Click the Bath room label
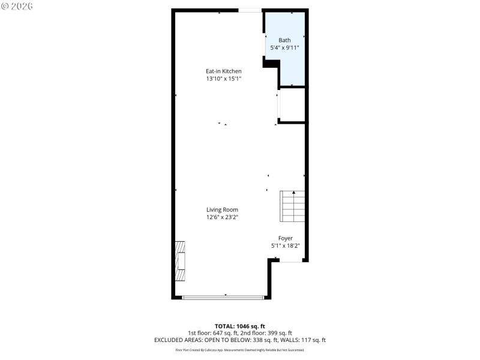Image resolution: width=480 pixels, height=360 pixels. tap(284, 40)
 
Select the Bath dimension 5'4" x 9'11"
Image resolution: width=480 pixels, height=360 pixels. tap(284, 47)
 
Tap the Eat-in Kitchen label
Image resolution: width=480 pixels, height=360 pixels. tap(223, 71)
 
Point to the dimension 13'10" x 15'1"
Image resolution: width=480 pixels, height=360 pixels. tap(223, 79)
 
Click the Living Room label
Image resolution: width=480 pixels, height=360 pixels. tap(223, 210)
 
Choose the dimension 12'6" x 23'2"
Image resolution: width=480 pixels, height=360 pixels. tap(223, 217)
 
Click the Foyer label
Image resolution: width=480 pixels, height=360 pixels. tap(285, 238)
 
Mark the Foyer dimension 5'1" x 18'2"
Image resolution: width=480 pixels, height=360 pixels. tap(285, 245)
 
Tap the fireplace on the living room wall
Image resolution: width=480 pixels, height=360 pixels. tap(180, 261)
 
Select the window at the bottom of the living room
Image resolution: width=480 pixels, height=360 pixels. tap(223, 297)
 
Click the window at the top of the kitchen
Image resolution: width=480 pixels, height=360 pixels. tap(249, 10)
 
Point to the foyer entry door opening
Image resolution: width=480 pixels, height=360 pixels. tap(290, 262)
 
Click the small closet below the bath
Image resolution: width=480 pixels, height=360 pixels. tap(292, 106)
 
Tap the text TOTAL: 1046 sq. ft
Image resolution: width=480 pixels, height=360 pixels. tap(240, 326)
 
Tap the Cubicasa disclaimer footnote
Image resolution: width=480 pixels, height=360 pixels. tap(240, 350)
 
